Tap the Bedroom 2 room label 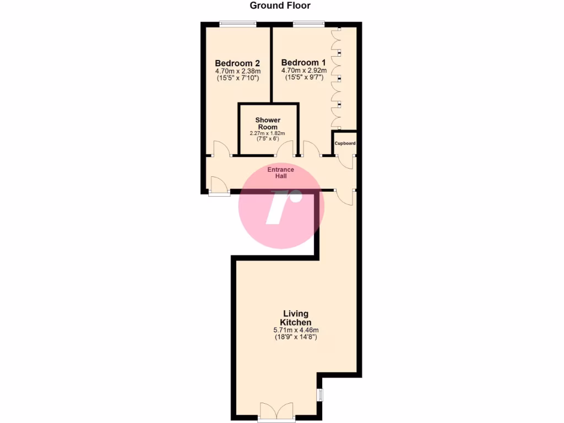tap(237, 63)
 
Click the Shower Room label tap(268, 123)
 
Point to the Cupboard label tap(345, 144)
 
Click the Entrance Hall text tap(281, 172)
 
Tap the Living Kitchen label tap(296, 318)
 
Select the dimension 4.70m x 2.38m tap(237, 71)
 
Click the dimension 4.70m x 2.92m tap(304, 70)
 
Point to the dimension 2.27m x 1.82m tap(268, 133)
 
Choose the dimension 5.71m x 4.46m tap(296, 330)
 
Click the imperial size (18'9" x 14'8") tap(296, 337)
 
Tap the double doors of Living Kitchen tap(277, 411)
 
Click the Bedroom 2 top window tap(237, 23)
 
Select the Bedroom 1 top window tap(308, 23)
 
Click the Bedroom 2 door tap(221, 149)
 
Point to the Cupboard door tap(347, 160)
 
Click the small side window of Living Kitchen tap(319, 395)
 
